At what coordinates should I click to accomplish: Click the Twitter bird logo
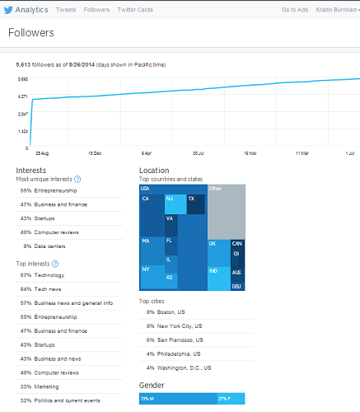8,9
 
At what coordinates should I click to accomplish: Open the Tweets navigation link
67,9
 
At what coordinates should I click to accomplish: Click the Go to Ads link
295,9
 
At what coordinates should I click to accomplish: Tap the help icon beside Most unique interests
78,179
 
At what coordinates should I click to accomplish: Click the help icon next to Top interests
55,264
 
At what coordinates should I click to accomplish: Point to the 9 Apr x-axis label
147,153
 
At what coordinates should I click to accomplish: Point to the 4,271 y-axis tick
22,96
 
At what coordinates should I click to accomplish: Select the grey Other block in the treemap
226,211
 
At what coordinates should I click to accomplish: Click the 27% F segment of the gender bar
230,399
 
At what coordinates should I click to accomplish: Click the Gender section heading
152,385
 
